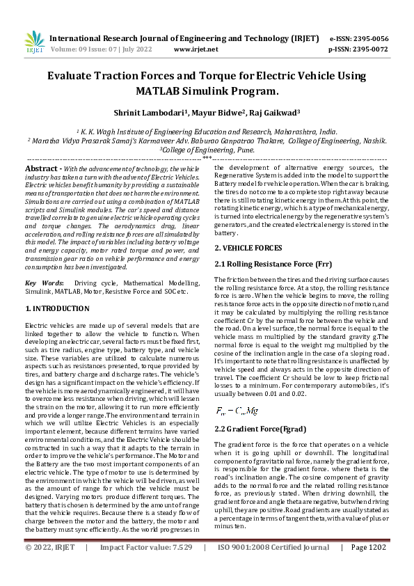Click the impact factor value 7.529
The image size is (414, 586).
point(180,567)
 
